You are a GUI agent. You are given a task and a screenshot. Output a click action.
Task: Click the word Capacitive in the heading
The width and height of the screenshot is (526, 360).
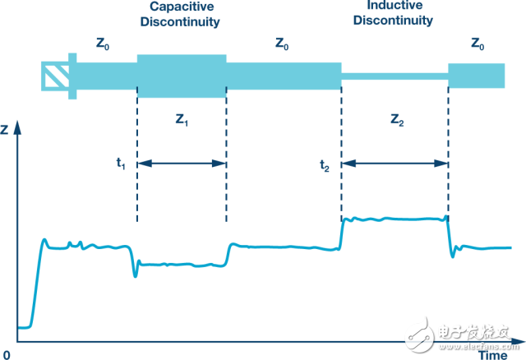[182, 7]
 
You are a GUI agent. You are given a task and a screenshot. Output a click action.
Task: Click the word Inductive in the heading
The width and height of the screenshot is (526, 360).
[394, 5]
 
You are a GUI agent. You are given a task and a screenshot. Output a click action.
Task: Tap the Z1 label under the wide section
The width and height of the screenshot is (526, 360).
[182, 119]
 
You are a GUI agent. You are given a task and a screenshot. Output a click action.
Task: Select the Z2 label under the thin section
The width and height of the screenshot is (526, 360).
[397, 119]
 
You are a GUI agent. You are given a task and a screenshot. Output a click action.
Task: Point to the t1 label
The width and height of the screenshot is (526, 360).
[121, 164]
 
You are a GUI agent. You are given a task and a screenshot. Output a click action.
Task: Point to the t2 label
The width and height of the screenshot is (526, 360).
[325, 165]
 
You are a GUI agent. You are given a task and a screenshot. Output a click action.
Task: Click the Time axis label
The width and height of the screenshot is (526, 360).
[493, 355]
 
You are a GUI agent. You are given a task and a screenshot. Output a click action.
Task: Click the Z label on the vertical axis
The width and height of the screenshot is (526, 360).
[4, 129]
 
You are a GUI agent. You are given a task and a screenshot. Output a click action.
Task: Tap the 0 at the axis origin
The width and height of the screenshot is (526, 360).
[7, 355]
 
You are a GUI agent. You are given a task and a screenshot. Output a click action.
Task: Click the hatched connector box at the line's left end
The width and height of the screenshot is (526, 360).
[55, 76]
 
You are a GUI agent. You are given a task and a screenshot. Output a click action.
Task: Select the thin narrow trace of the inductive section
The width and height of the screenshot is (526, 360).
[394, 76]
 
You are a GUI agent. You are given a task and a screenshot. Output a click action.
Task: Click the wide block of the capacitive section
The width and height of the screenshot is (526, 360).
[182, 76]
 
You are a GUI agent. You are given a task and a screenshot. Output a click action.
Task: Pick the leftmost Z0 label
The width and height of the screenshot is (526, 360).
[103, 44]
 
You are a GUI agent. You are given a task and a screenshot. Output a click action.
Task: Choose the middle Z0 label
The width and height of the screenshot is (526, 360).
[282, 44]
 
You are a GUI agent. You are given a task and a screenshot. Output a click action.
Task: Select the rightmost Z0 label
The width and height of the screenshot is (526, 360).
[478, 44]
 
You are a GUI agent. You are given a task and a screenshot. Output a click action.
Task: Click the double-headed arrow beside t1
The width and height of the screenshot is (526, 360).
[182, 164]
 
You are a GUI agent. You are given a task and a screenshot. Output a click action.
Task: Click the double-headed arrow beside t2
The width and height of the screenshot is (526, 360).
[394, 164]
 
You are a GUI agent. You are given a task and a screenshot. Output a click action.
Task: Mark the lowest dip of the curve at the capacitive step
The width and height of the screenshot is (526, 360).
[135, 276]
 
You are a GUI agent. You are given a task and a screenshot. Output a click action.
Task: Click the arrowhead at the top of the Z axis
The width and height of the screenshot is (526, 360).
[17, 127]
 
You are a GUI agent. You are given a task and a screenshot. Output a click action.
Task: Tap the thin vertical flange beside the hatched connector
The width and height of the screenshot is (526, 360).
[72, 76]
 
